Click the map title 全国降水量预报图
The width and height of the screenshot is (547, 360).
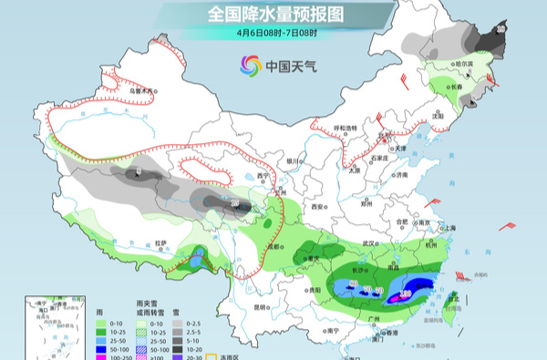[x=273, y=15]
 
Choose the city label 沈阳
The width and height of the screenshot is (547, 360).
[x=437, y=117]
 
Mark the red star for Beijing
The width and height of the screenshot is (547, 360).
[x=384, y=139]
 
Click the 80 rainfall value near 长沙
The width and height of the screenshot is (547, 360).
[x=354, y=284]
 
